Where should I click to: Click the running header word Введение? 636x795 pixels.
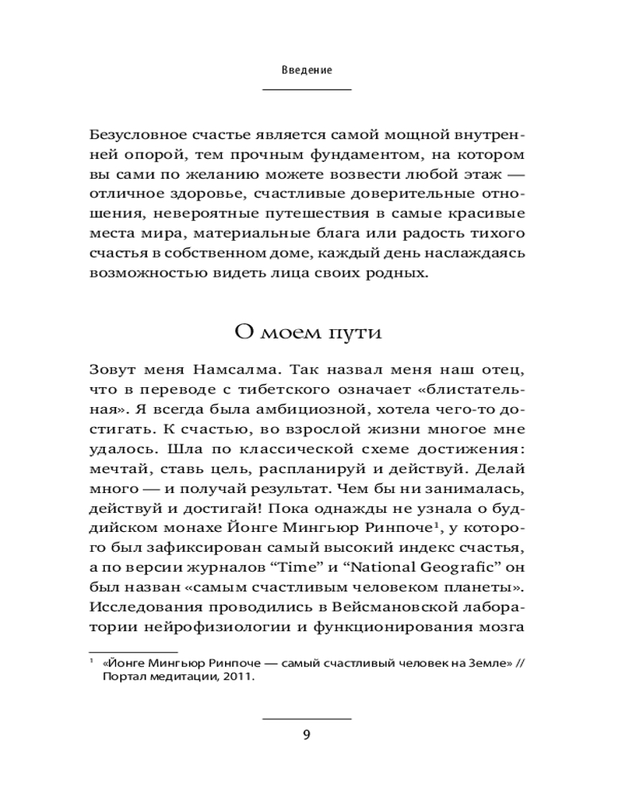pyautogui.click(x=306, y=70)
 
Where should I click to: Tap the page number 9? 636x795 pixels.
pyautogui.click(x=307, y=734)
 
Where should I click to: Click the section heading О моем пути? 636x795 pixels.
pyautogui.click(x=307, y=332)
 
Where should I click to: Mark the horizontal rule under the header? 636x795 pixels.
pyautogui.click(x=307, y=90)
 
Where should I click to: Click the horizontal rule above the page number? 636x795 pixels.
pyautogui.click(x=307, y=718)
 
